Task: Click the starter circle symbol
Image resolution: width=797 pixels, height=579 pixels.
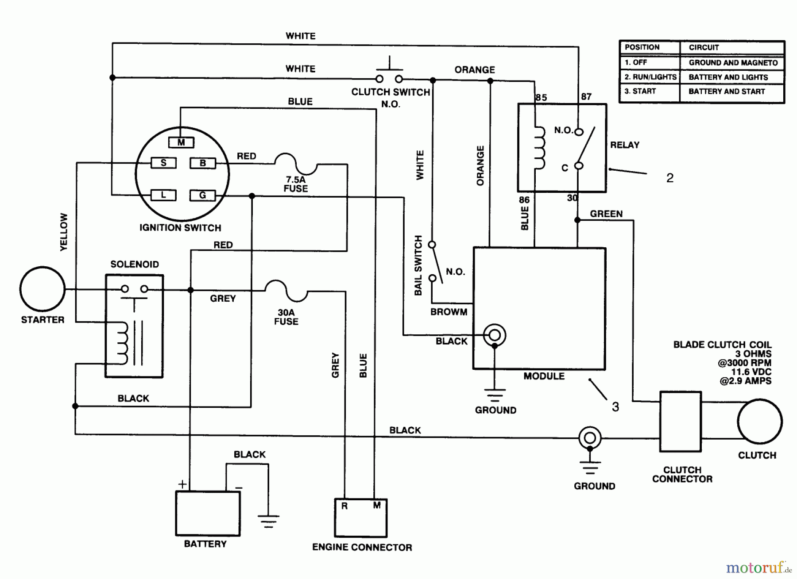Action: coord(43,289)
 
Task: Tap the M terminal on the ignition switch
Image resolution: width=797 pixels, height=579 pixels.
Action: coord(181,142)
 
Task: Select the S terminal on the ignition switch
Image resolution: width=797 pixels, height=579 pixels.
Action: coord(163,163)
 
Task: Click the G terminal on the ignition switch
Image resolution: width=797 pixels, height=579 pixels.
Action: coord(202,195)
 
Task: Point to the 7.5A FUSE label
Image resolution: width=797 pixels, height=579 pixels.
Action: coord(296,184)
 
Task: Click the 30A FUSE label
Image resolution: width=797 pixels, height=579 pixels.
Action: coord(286,317)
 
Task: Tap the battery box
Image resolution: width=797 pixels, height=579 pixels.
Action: coord(208,513)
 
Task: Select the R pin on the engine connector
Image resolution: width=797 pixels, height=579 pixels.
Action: coord(344,506)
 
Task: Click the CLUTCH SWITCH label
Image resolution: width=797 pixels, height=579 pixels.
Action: coord(391,92)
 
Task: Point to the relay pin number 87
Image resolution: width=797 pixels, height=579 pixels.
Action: coord(586,96)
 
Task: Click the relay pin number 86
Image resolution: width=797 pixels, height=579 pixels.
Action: coord(524,199)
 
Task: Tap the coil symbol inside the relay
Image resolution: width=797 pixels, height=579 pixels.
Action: coord(539,148)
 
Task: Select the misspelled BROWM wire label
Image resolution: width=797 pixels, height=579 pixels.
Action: coord(449,312)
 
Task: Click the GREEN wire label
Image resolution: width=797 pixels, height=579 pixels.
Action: coord(606,214)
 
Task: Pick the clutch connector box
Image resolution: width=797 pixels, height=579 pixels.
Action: coord(680,421)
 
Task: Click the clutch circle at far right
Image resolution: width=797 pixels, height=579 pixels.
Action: coord(759,421)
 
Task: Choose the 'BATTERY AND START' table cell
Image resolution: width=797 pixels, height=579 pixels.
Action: coord(727,92)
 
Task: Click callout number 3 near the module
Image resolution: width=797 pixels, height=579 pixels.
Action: coord(615,406)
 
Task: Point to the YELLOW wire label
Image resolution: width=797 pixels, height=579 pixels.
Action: coord(64,232)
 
